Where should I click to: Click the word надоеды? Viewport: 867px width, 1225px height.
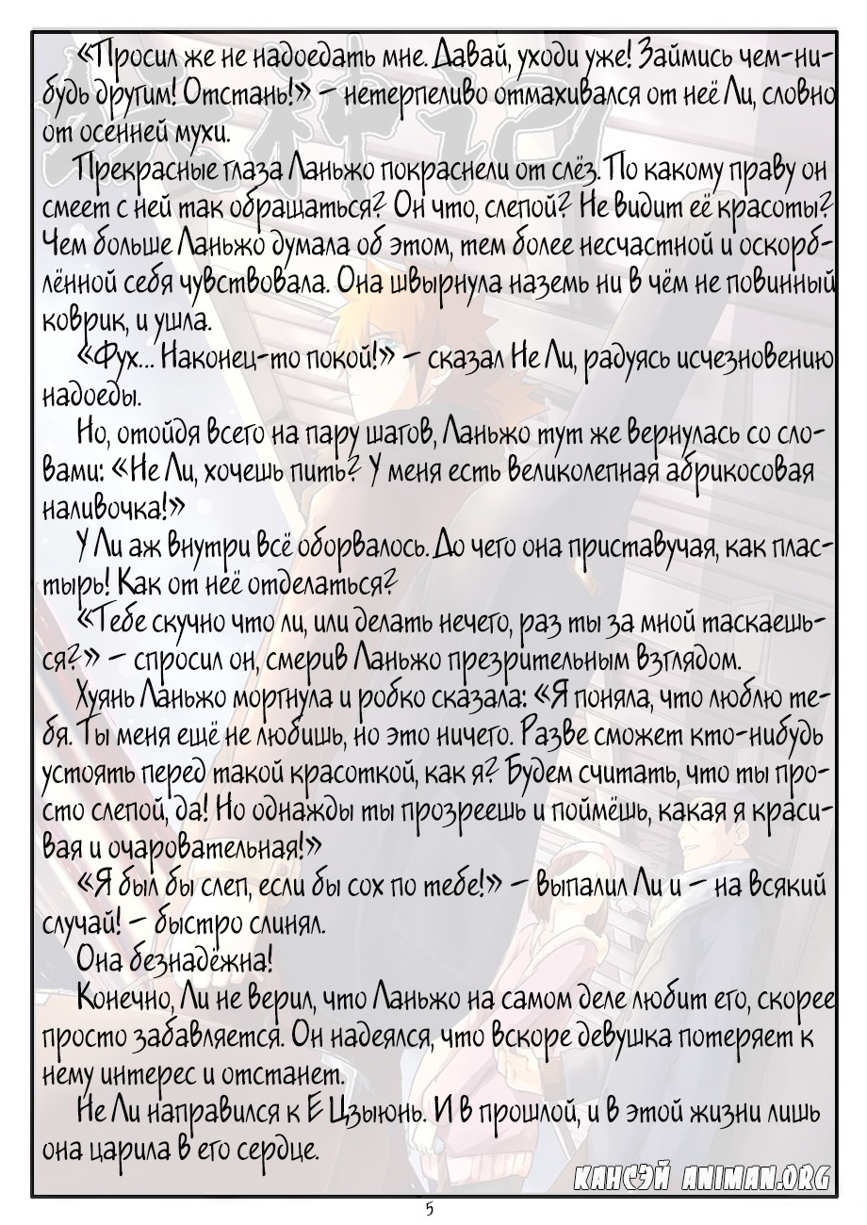pyautogui.click(x=91, y=392)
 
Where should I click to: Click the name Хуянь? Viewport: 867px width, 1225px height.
pyautogui.click(x=106, y=695)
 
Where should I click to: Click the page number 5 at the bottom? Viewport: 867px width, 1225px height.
pyautogui.click(x=430, y=1208)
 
